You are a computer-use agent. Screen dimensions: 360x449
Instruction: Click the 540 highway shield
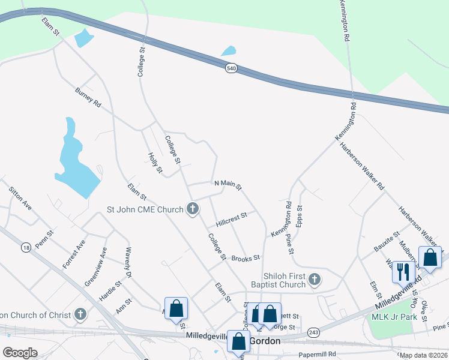pyautogui.click(x=232, y=69)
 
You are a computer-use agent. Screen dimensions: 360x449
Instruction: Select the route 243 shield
pyautogui.click(x=313, y=332)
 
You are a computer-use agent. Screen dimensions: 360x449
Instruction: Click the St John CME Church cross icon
pyautogui.click(x=192, y=209)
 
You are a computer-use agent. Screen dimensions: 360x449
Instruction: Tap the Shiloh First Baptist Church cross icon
pyautogui.click(x=313, y=279)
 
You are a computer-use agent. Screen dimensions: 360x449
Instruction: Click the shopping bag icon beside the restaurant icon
pyautogui.click(x=430, y=257)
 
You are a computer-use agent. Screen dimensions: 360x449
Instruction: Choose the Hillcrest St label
pyautogui.click(x=232, y=216)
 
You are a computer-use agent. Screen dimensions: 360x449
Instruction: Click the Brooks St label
pyautogui.click(x=245, y=258)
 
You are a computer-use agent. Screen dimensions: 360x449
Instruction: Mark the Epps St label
pyautogui.click(x=300, y=217)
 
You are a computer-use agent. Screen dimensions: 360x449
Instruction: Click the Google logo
pyautogui.click(x=20, y=352)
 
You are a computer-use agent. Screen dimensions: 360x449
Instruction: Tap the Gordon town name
pyautogui.click(x=265, y=340)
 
